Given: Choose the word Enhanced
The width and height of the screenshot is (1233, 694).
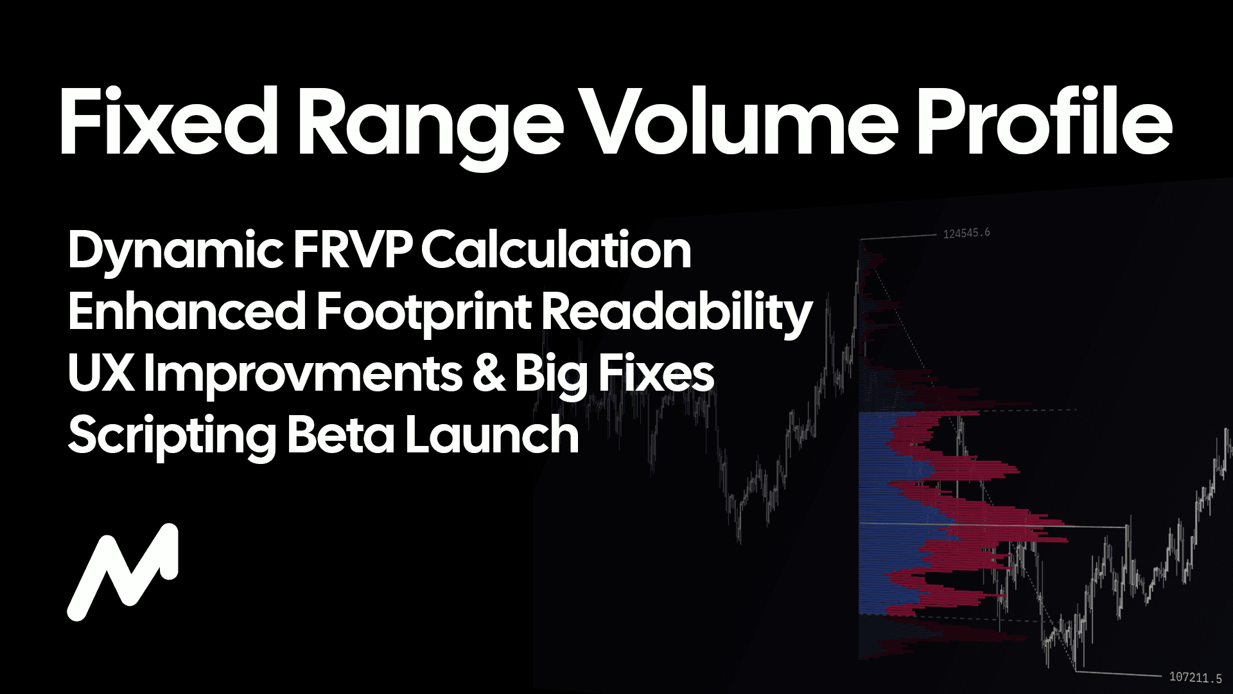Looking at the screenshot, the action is click(x=187, y=311).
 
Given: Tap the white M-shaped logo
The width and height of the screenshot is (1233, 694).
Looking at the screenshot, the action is click(x=123, y=572).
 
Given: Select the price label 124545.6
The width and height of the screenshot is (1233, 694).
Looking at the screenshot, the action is click(x=966, y=233).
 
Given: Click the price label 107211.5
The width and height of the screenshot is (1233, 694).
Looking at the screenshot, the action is click(x=1196, y=677).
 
